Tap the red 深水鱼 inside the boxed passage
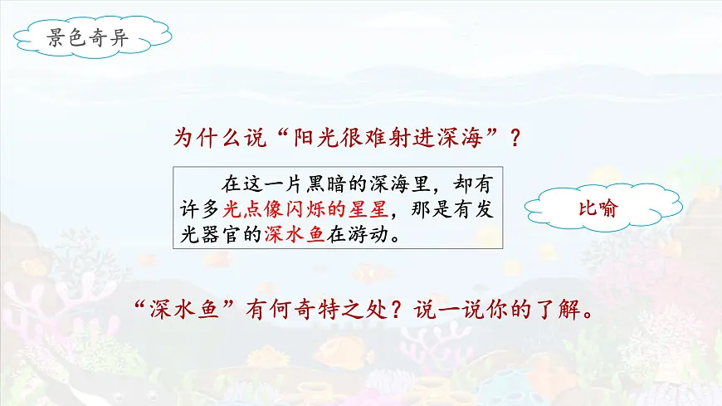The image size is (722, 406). pos(295,234)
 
